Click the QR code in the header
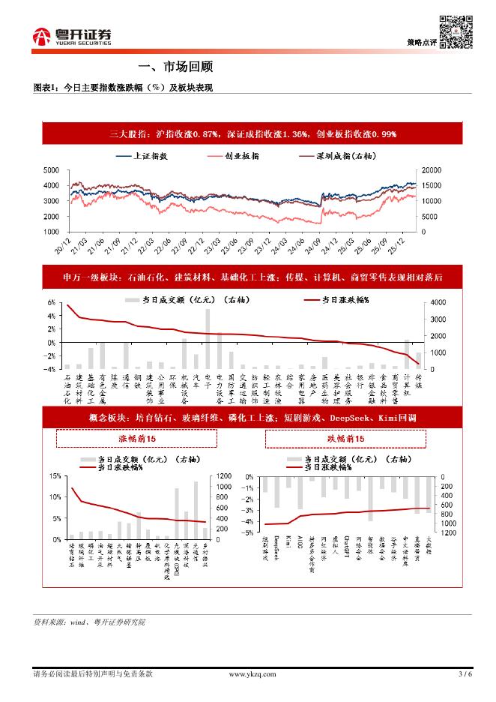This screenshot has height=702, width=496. click(x=454, y=30)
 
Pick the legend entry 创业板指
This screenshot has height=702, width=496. click(x=241, y=157)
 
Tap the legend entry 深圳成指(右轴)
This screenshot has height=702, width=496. click(x=342, y=157)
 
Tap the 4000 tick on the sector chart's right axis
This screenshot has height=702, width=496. click(x=436, y=302)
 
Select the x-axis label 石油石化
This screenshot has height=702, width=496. click(x=67, y=389)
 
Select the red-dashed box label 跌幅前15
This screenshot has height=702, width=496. click(x=345, y=439)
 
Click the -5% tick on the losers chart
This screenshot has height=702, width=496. click(x=248, y=532)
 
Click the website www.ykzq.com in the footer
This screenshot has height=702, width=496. click(x=247, y=673)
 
